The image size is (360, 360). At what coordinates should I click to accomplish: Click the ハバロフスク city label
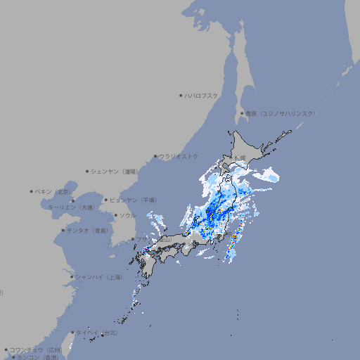tap(202, 95)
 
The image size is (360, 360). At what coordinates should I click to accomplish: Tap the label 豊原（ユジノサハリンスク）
tap(280, 113)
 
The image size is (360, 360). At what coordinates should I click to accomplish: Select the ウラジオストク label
tap(178, 156)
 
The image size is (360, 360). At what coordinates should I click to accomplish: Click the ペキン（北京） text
tap(53, 191)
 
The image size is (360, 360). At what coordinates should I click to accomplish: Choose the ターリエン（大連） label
tap(71, 207)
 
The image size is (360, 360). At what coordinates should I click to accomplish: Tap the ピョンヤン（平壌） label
tap(134, 200)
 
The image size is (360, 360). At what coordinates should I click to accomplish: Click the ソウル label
tap(127, 216)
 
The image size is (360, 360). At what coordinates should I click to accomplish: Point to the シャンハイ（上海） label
tap(99, 277)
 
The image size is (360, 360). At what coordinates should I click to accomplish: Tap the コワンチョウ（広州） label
tap(36, 349)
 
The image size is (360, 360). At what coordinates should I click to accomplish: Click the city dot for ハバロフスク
tap(181, 95)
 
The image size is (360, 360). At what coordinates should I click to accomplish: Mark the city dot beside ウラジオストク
tap(155, 156)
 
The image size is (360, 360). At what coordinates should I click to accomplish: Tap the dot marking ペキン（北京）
tap(32, 191)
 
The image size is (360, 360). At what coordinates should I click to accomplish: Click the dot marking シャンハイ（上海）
tap(72, 277)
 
